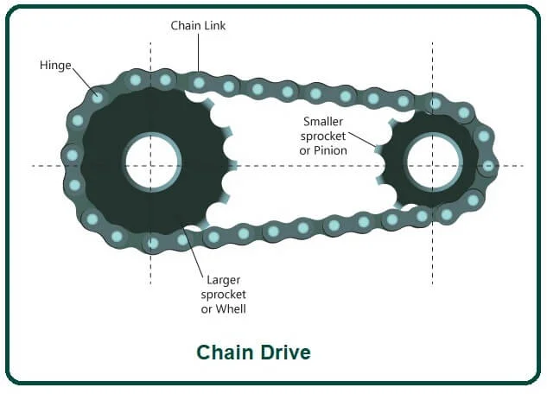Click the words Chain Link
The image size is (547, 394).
198,27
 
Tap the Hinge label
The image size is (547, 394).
55,65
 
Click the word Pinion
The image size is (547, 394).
332,150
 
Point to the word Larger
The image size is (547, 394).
224,280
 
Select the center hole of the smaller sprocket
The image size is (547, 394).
431,164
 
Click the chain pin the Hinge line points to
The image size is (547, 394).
98,97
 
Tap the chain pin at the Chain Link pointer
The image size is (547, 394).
199,83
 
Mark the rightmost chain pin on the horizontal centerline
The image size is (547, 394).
489,165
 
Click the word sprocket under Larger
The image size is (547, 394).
224,295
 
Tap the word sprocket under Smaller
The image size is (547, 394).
324,136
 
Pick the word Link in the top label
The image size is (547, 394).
214,27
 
